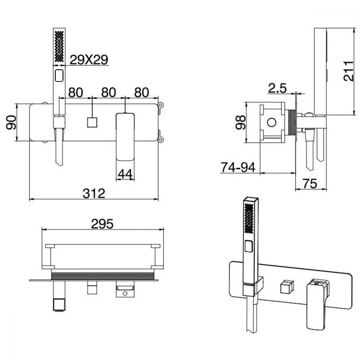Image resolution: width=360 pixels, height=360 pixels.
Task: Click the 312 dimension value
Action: pos(94,193)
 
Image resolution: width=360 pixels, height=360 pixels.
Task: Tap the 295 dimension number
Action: pos(102,224)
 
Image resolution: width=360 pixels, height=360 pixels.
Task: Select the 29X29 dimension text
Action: pos(89,60)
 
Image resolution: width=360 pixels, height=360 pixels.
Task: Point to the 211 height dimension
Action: pos(348,71)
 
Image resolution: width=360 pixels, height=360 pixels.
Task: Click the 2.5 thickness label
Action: pos(278,88)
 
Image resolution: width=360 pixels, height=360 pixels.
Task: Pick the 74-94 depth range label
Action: pos(238,167)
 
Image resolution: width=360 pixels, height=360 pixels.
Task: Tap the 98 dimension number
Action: pos(240,123)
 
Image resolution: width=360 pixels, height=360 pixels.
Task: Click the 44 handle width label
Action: pos(125,174)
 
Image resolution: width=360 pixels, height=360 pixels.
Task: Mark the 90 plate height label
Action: pos(11,123)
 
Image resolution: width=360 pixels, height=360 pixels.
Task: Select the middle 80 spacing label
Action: pos(109,93)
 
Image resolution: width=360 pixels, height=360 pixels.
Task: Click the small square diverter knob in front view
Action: pos(92,122)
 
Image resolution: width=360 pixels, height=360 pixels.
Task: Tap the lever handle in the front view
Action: pos(125,136)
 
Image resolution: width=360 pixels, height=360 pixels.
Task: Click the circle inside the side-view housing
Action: pos(272,122)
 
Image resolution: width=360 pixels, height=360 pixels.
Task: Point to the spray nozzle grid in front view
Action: pos(59,46)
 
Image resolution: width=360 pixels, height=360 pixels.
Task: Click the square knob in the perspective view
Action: pos(287,287)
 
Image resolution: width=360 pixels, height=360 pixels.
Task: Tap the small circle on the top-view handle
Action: pos(125,293)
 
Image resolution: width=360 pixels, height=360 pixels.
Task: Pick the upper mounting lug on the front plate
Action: pos(161,105)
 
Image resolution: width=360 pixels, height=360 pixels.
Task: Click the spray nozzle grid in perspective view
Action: pos(249,219)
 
